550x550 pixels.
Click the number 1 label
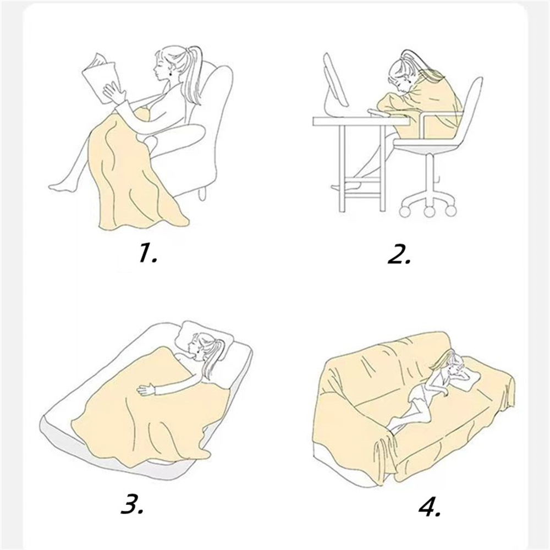coord(147,253)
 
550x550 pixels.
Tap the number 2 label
coord(398,254)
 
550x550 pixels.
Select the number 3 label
coord(132,504)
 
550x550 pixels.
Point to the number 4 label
coord(430,506)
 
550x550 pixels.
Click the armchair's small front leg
coord(202,193)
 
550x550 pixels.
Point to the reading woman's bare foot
coord(62,186)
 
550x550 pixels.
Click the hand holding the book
coord(114,92)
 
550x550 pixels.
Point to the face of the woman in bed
coord(195,346)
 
